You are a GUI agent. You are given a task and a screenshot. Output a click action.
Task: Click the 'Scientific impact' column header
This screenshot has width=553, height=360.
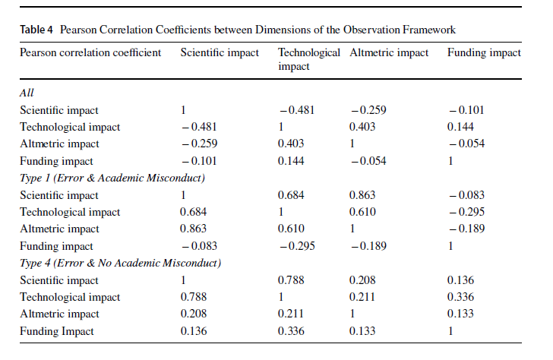(220, 53)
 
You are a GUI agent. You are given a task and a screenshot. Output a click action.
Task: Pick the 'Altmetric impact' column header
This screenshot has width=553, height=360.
(389, 53)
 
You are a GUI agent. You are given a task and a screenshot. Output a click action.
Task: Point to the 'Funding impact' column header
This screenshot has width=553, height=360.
(484, 53)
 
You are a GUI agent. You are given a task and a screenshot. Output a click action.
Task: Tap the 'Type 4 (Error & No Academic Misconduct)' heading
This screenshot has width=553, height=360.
(120, 264)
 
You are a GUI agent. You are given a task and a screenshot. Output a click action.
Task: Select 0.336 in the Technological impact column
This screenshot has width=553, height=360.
(294, 331)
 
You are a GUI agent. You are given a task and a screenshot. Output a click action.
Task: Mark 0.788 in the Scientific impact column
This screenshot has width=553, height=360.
(195, 297)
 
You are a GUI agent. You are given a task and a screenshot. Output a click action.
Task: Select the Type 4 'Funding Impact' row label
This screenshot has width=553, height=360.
(57, 331)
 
